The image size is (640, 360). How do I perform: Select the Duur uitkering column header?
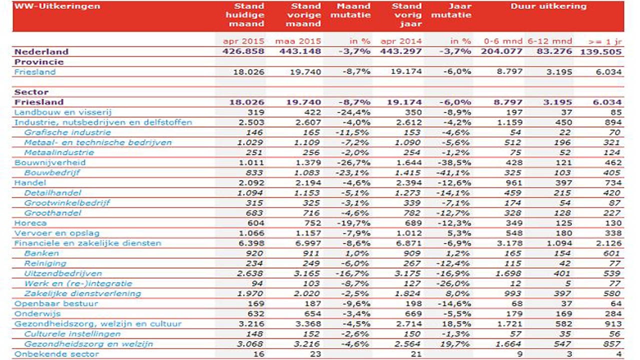548,6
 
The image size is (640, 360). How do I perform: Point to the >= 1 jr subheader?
606,41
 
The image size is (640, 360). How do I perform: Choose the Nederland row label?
41,51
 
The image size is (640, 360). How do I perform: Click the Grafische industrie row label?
67,132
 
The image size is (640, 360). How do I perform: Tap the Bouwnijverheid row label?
50,162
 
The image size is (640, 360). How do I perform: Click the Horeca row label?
30,223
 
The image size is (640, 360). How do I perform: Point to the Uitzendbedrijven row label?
63,273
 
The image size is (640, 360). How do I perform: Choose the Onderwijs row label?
37,313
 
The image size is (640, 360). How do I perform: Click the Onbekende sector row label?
56,354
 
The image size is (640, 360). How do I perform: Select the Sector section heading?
31,92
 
